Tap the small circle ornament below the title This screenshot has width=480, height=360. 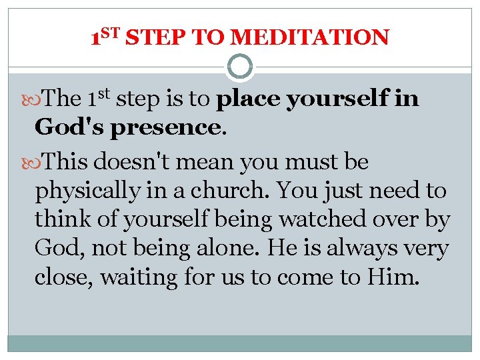240,67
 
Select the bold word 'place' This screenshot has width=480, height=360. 249,100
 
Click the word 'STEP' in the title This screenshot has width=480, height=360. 155,37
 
